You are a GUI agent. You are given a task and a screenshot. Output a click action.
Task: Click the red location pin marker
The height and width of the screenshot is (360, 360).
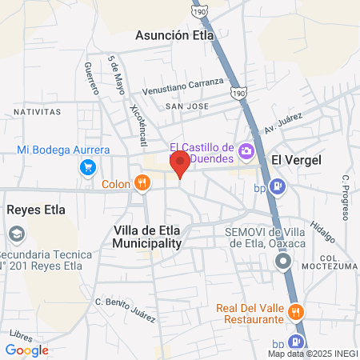click(x=180, y=163)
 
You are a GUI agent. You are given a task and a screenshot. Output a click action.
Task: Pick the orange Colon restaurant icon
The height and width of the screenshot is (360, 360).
click(x=142, y=183)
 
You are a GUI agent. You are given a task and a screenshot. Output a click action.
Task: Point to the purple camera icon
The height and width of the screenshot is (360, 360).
click(x=246, y=150)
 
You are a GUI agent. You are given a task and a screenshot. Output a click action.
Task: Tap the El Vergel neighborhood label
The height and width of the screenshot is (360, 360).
click(x=296, y=160)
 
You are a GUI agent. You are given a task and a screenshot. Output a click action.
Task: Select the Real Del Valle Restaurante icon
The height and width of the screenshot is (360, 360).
click(x=295, y=311)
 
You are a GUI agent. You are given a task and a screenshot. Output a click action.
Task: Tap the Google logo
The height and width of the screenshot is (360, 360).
click(x=26, y=350)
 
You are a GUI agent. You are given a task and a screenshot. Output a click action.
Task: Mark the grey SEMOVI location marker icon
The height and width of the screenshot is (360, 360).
click(x=282, y=262)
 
